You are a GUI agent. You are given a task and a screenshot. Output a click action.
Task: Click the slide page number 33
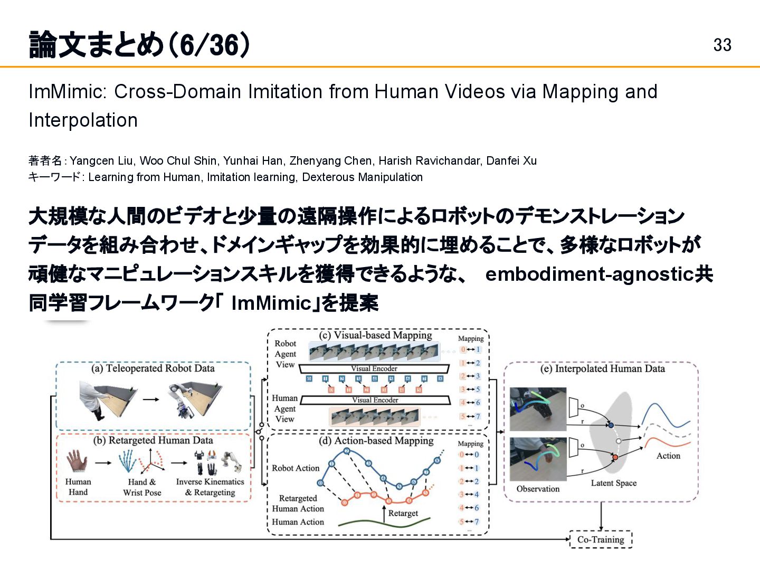tap(722, 45)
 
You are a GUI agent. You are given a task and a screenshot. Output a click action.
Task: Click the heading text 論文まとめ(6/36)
tap(139, 45)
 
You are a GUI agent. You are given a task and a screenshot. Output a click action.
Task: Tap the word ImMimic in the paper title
tap(68, 92)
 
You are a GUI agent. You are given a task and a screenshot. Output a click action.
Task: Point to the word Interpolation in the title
tap(83, 120)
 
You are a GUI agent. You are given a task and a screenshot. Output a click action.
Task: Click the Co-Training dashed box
tap(601, 539)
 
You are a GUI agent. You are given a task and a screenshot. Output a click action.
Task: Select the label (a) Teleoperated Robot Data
tap(153, 368)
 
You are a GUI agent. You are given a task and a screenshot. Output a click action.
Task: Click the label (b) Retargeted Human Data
tap(153, 440)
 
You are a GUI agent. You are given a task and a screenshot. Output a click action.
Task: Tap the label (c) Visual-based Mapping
tap(375, 335)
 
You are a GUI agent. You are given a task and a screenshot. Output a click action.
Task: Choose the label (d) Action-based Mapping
tap(376, 441)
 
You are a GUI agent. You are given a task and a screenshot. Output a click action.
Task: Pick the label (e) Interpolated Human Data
tap(602, 368)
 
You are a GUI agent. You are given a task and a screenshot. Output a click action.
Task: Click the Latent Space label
tap(613, 483)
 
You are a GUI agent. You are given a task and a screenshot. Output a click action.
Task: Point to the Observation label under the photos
tap(538, 489)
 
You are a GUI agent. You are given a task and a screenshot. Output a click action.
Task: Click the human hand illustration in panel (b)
tap(77, 461)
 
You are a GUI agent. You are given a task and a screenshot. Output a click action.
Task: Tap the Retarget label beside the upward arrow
tap(403, 513)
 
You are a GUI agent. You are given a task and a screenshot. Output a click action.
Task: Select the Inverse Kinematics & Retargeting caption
tap(210, 487)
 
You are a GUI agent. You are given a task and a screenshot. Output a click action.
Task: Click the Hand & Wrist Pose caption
tap(142, 487)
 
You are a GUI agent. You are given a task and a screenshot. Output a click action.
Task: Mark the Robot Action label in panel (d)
tap(296, 468)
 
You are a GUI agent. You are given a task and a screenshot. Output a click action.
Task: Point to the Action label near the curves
tap(668, 455)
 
